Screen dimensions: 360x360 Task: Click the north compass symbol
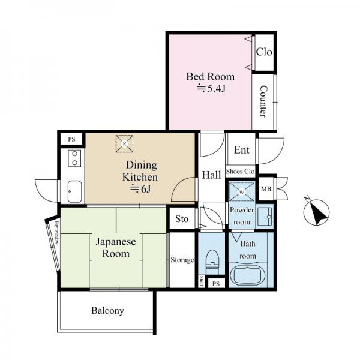pos(316,212)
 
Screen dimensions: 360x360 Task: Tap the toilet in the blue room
pos(212,262)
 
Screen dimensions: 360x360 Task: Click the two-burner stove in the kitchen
pos(74,158)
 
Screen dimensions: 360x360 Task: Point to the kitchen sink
pos(74,192)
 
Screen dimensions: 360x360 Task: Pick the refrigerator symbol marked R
pos(124,144)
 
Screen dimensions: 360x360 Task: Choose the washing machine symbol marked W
pos(242,192)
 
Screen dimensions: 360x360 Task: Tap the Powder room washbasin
pos(265,217)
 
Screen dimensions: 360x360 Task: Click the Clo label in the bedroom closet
pos(264,52)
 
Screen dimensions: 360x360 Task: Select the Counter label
pos(264,101)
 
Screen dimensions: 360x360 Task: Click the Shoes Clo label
pos(241,171)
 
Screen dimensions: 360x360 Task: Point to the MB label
pos(266,189)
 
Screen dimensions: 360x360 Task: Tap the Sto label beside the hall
pos(182,219)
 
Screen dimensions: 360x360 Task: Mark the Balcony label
pos(107,311)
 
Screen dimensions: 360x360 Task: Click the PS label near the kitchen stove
pos(71,139)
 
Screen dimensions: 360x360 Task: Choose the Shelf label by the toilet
pos(202,281)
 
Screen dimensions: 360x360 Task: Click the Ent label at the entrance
pos(242,150)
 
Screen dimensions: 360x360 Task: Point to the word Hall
pos(211,175)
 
